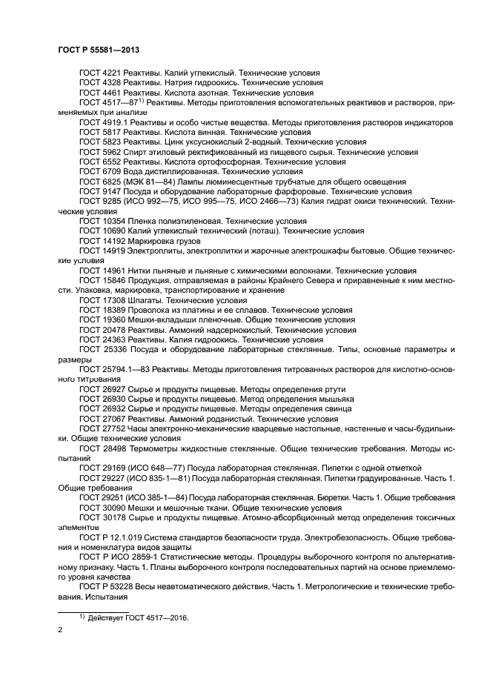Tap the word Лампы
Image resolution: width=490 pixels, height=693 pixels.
pyautogui.click(x=206, y=181)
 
